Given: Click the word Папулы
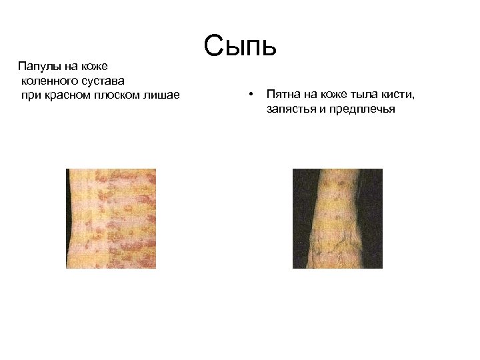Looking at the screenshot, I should [x=39, y=67].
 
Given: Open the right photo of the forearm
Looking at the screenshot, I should [x=338, y=219].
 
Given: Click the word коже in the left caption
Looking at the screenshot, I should [x=97, y=67].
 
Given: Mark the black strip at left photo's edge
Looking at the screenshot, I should [x=69, y=219].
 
